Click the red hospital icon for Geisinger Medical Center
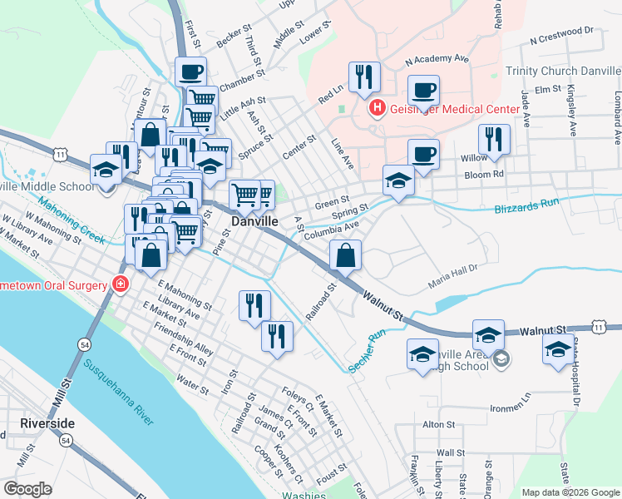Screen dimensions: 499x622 tap(377, 107)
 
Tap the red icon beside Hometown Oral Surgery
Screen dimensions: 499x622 tap(121, 285)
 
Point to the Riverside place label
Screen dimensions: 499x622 tap(47, 423)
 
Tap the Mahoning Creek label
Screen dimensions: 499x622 tap(71, 226)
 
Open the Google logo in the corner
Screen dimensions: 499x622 tap(27, 488)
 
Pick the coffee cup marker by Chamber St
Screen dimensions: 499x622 tap(190, 72)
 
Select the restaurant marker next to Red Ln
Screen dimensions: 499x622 tap(364, 77)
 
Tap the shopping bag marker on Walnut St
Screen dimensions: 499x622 tap(346, 255)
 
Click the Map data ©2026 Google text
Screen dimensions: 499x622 tap(570, 492)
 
